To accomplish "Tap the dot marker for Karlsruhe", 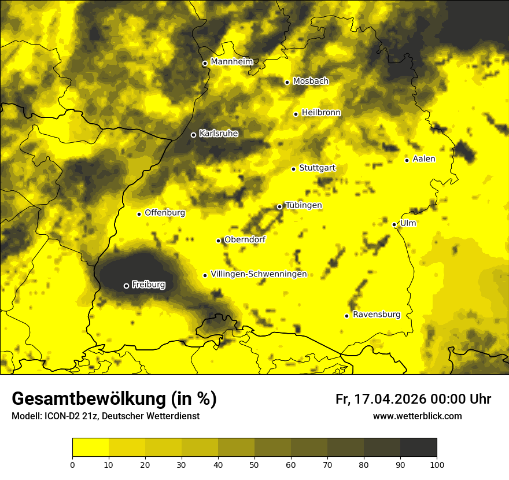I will pyautogui.click(x=193, y=135).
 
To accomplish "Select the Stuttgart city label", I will pyautogui.click(x=317, y=168).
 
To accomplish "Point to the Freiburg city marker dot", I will pyautogui.click(x=126, y=286).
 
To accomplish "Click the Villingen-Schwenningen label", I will pyautogui.click(x=259, y=274).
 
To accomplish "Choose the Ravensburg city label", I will pyautogui.click(x=376, y=315).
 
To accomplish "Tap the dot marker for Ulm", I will pyautogui.click(x=394, y=224).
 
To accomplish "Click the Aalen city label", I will pyautogui.click(x=424, y=159).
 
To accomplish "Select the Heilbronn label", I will pyautogui.click(x=321, y=113).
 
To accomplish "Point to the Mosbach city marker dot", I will pyautogui.click(x=287, y=82).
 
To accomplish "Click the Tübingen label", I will pyautogui.click(x=303, y=205).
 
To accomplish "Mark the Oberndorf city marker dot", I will pyautogui.click(x=218, y=241).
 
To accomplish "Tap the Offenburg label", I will pyautogui.click(x=165, y=213).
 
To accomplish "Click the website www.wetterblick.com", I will pyautogui.click(x=417, y=416).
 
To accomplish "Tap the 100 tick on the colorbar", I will pyautogui.click(x=437, y=464).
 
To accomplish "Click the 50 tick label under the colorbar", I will pyautogui.click(x=254, y=464).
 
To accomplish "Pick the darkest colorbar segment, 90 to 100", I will pyautogui.click(x=418, y=447).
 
